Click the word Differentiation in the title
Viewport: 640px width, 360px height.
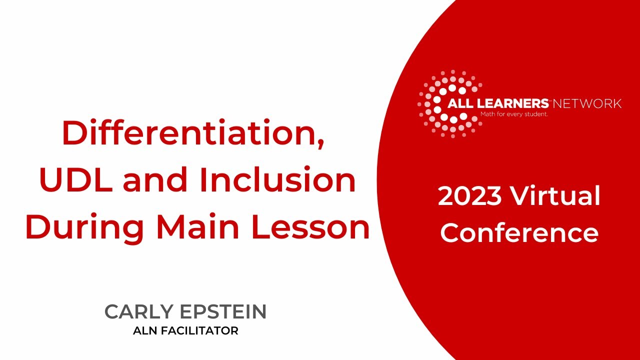point(190,133)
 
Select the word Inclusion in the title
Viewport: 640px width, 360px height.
point(277,181)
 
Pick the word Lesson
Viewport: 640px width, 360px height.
point(309,227)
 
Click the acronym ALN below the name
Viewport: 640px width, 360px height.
point(145,330)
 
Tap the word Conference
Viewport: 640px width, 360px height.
point(519,232)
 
